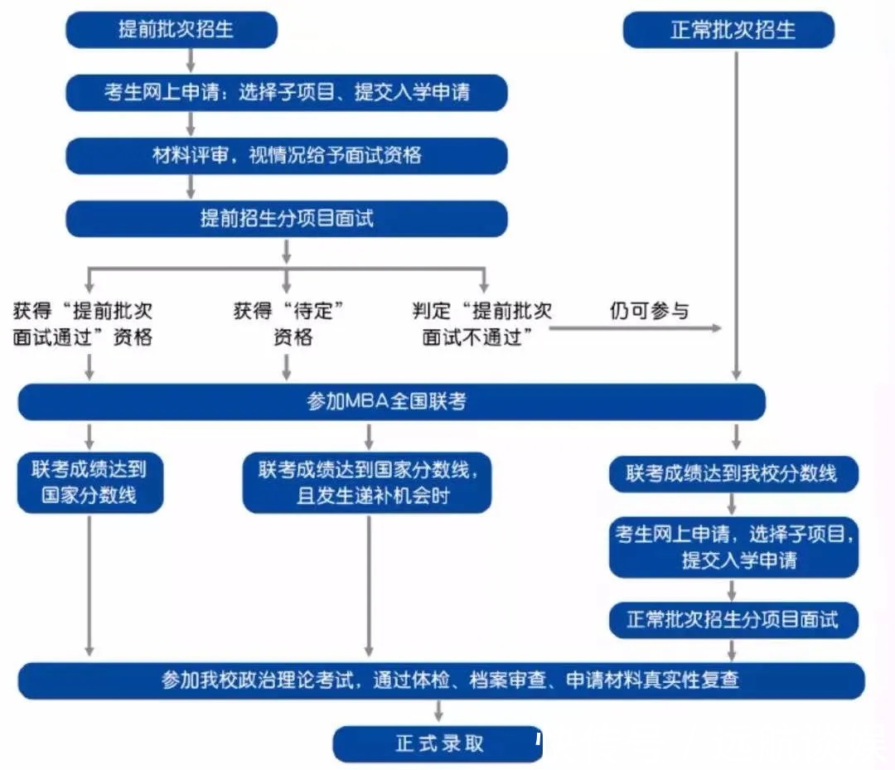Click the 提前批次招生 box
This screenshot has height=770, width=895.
tap(171, 31)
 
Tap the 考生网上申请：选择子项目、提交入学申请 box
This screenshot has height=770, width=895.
tap(286, 92)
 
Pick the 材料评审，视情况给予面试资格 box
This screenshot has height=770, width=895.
tap(286, 155)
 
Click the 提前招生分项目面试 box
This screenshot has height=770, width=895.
tap(286, 219)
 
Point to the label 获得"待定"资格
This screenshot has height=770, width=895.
tap(287, 324)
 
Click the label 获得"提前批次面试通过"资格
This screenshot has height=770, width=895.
tap(83, 324)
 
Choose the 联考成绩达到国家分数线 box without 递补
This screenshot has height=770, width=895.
tap(89, 482)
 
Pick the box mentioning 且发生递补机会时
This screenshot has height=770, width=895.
tap(367, 482)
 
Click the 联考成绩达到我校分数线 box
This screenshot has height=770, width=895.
tap(733, 474)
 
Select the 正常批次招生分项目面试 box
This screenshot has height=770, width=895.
tap(733, 619)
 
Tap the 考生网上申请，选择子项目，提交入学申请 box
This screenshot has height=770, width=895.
tap(733, 547)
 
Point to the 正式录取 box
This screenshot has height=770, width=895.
tap(438, 743)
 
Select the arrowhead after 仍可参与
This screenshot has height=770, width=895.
tap(717, 328)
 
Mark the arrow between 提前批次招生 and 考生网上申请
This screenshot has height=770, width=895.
tap(191, 61)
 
